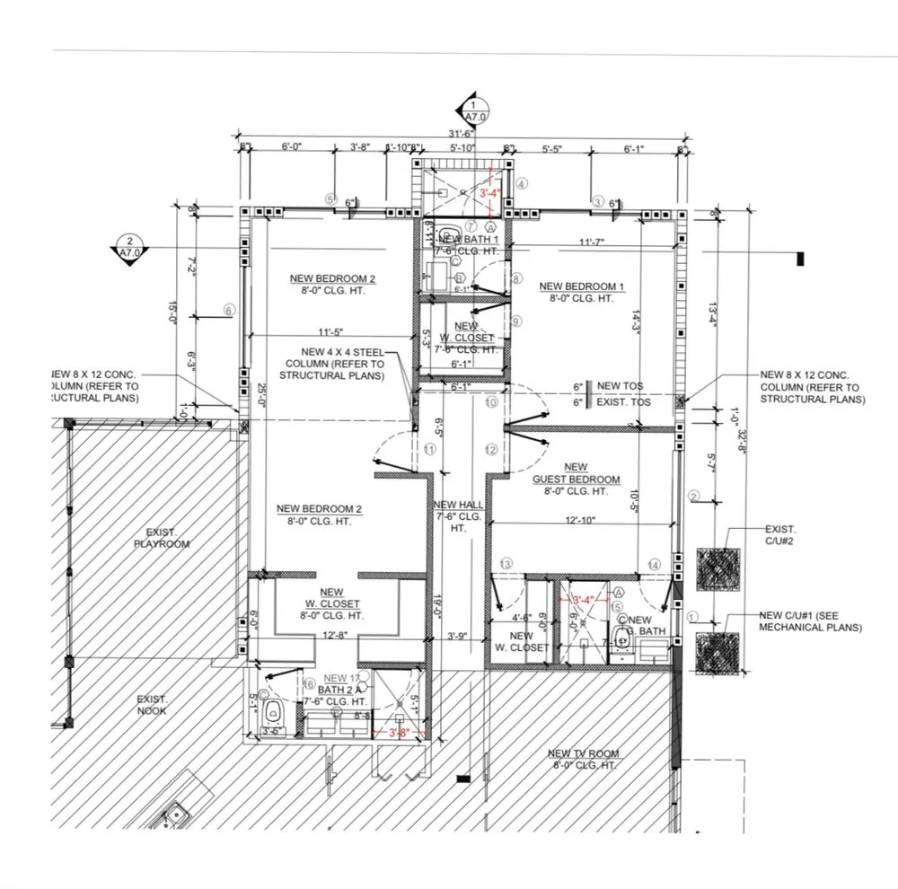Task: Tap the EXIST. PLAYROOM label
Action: click(163, 538)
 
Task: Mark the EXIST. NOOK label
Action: click(153, 704)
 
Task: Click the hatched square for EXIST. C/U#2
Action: click(718, 568)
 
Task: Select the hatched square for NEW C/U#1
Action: click(718, 653)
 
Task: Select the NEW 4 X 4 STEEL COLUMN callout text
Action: click(333, 364)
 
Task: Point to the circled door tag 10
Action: click(490, 404)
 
